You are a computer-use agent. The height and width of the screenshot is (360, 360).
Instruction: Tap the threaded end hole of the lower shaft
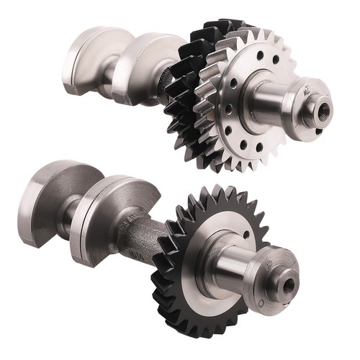pyautogui.click(x=289, y=286)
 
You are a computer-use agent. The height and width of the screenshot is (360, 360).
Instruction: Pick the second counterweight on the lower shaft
pyautogui.click(x=108, y=216)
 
